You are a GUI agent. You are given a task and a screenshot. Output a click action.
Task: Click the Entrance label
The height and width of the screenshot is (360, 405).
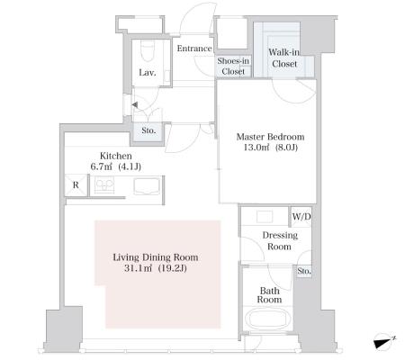pyautogui.click(x=194, y=49)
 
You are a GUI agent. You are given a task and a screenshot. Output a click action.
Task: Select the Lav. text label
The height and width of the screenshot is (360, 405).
pyautogui.click(x=148, y=73)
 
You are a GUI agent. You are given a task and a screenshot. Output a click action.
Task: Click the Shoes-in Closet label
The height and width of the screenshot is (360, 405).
pyautogui.click(x=233, y=66)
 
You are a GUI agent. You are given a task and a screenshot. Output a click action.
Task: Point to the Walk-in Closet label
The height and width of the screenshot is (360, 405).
pyautogui.click(x=284, y=58)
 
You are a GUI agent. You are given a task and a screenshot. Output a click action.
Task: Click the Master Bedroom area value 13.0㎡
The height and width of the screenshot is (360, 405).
pyautogui.click(x=253, y=148)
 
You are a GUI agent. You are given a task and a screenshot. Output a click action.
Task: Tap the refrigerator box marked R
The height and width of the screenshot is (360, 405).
pyautogui.click(x=76, y=185)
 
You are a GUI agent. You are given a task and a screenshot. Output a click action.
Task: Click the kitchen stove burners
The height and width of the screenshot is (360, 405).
pyautogui.click(x=104, y=184)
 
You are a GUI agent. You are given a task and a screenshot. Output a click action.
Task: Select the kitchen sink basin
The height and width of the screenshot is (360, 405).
pyautogui.click(x=147, y=186)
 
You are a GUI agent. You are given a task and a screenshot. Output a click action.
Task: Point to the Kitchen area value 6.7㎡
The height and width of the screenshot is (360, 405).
pyautogui.click(x=101, y=166)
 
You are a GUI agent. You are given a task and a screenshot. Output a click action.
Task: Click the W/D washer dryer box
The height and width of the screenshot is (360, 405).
pyautogui.click(x=301, y=217)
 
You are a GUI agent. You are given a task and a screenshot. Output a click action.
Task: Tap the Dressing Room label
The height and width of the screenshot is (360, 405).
pyautogui.click(x=280, y=240)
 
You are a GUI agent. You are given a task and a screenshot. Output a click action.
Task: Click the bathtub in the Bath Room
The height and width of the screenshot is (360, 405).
pyautogui.click(x=267, y=320)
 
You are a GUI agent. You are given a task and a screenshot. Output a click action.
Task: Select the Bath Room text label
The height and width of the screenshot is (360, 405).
pyautogui.click(x=269, y=295)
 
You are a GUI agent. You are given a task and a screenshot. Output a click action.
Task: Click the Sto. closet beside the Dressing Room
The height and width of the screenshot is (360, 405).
pyautogui.click(x=304, y=271)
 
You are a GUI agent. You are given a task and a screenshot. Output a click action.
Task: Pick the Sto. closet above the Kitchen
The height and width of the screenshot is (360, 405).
pyautogui.click(x=148, y=130)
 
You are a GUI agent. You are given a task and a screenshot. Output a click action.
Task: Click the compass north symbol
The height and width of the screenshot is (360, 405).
pyautogui.click(x=383, y=342)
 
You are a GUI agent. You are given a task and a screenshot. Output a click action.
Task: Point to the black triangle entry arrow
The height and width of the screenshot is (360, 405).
pyautogui.click(x=135, y=105)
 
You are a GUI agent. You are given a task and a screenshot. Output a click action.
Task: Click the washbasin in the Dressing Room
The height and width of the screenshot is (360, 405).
pyautogui.click(x=265, y=216)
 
